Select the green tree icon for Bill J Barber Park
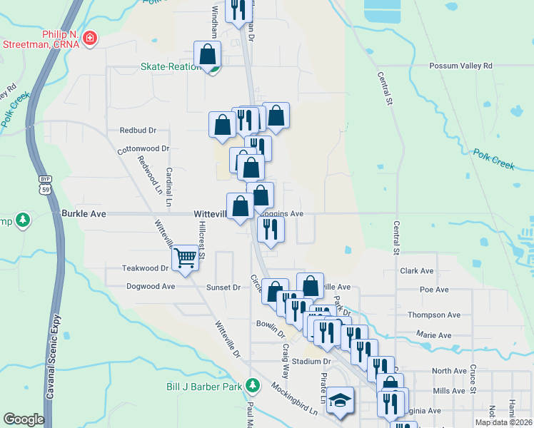(252, 386)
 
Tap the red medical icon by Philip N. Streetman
(90, 39)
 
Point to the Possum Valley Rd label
(461, 66)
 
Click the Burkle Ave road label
(84, 213)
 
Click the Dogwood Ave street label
(151, 286)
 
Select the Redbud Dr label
(138, 131)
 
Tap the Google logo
(24, 419)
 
